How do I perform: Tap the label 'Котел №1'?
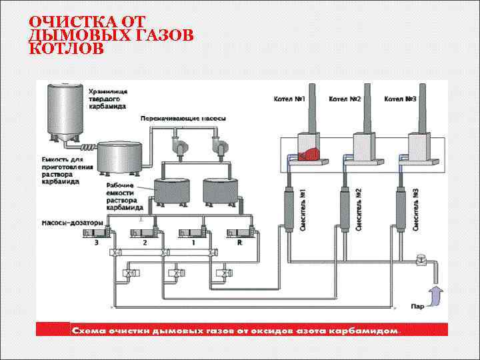pos(289,99)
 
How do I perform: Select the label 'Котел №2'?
pos(345,99)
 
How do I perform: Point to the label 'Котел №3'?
pos(400,99)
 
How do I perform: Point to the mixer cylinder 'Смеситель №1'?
pos(291,213)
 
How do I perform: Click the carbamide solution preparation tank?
pos(119,158)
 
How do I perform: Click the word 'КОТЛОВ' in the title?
pos(67,49)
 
